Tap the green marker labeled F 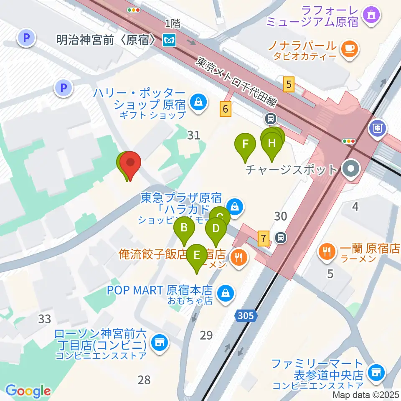click(246, 145)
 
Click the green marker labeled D click(216, 229)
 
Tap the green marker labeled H click(272, 144)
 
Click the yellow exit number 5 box click(288, 85)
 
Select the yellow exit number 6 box click(226, 109)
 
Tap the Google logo click(28, 391)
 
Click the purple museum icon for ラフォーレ click(371, 15)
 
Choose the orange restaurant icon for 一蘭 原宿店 click(327, 251)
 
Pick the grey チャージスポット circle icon click(350, 170)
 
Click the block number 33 click(45, 319)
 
